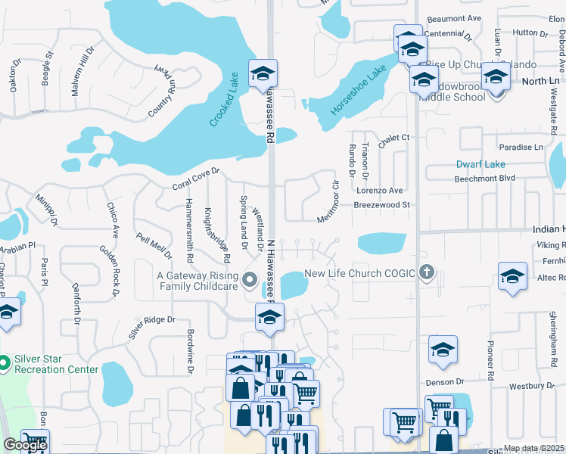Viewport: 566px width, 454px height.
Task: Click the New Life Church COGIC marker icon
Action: click(427, 272)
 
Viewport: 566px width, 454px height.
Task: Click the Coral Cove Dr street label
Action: click(195, 179)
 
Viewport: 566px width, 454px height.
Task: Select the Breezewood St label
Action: click(382, 204)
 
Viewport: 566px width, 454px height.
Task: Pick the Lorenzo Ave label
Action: click(379, 191)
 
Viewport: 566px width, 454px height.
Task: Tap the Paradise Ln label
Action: click(521, 147)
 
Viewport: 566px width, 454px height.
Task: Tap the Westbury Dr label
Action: click(532, 386)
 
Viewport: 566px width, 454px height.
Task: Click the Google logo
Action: click(25, 446)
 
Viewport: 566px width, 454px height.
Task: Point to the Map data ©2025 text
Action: click(533, 448)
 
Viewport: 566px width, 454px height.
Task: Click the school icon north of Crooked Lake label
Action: click(263, 73)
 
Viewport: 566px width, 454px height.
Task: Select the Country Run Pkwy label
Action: click(161, 90)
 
